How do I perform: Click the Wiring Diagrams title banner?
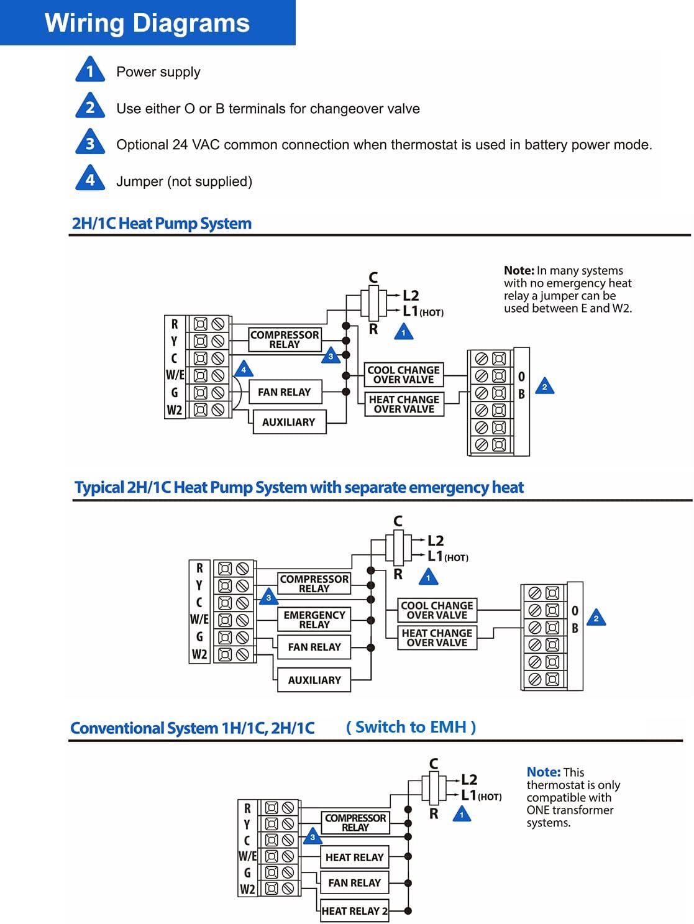click(147, 23)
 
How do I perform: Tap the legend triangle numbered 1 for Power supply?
click(90, 70)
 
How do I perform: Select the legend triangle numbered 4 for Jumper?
click(90, 179)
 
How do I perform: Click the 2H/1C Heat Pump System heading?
click(162, 224)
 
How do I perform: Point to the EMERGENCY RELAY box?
click(314, 620)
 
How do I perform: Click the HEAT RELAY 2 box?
click(354, 911)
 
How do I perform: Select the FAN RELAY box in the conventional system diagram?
click(354, 882)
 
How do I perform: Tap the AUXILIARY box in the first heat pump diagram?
click(288, 422)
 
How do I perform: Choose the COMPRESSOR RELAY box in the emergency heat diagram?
click(314, 583)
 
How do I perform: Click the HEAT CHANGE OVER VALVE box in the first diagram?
click(404, 404)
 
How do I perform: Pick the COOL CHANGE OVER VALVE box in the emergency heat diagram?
click(437, 610)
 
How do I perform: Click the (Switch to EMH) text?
click(411, 727)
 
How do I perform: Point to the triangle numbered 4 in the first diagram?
click(244, 370)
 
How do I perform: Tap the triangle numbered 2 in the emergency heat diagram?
click(596, 618)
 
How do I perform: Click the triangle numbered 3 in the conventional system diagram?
click(313, 837)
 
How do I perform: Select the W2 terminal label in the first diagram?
click(175, 410)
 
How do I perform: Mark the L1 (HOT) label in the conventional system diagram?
click(480, 795)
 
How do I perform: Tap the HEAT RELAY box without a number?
click(354, 857)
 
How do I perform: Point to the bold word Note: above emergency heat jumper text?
click(519, 271)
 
